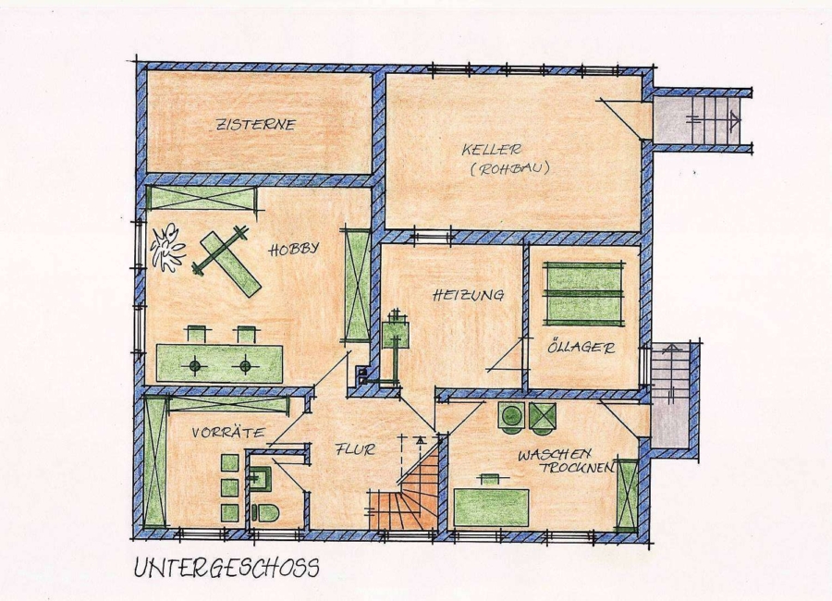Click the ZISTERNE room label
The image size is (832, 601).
tap(255, 125)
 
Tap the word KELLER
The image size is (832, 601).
tap(492, 150)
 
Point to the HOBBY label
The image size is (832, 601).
tap(293, 249)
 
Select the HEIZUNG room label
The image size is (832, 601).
tap(468, 295)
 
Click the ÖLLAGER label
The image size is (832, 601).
tap(581, 348)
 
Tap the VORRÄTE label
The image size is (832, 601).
tap(228, 432)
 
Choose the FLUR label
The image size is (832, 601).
tap(355, 449)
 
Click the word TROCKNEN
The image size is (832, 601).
tap(577, 468)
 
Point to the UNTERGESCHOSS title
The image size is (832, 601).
tap(226, 568)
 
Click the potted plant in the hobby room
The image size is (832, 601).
tap(167, 248)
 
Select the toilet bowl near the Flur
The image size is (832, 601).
tap(265, 513)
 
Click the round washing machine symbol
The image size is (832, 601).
tap(511, 416)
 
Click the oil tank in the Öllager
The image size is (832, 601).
tap(583, 294)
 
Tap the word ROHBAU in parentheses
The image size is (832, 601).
tap(509, 169)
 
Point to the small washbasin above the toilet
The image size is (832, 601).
tap(260, 478)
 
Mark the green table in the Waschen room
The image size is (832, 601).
tap(492, 508)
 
